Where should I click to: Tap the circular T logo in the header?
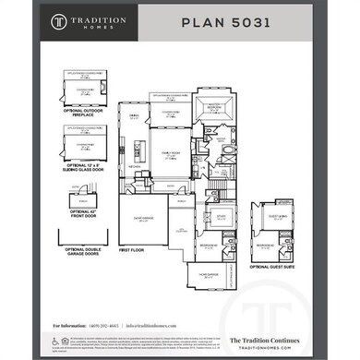pos(59,20)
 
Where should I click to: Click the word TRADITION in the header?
pos(102,17)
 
